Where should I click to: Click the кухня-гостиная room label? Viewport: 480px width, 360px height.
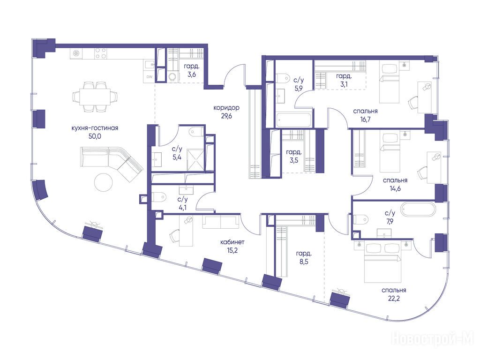coord(95,128)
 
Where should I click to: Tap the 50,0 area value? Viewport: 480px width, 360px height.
coord(95,136)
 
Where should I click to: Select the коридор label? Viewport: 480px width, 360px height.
coord(226,108)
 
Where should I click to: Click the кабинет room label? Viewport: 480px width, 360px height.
coord(232,242)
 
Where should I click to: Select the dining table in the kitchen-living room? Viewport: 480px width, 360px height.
coord(95,97)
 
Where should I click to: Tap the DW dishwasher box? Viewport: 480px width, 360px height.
coord(150,77)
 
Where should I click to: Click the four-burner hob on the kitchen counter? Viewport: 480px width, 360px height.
coord(101,54)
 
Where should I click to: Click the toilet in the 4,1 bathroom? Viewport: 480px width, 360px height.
coord(158,197)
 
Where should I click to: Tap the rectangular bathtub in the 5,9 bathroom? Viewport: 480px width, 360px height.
coord(294,120)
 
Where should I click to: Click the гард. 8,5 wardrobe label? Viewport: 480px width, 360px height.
coord(304,257)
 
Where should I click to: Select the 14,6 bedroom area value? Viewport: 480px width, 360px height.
coord(395,188)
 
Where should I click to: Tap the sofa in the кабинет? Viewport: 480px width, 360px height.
coord(221,222)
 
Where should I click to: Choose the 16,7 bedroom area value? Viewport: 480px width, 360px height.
coord(365,120)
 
